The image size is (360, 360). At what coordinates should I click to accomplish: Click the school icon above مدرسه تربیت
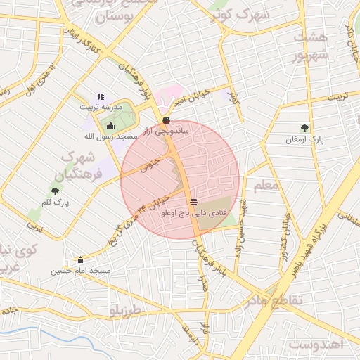[x=101, y=96]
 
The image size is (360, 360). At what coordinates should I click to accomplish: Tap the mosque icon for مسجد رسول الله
[x=111, y=125]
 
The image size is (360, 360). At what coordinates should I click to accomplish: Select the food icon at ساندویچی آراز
[x=166, y=120]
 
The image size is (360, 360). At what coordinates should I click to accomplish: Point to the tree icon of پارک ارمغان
[x=304, y=128]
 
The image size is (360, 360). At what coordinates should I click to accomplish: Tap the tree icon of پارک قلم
[x=55, y=191]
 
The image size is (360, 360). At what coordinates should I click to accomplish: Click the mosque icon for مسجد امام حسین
[x=80, y=259]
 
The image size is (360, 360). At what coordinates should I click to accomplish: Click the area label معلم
[x=268, y=185]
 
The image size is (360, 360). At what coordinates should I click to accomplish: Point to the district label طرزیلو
[x=126, y=310]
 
